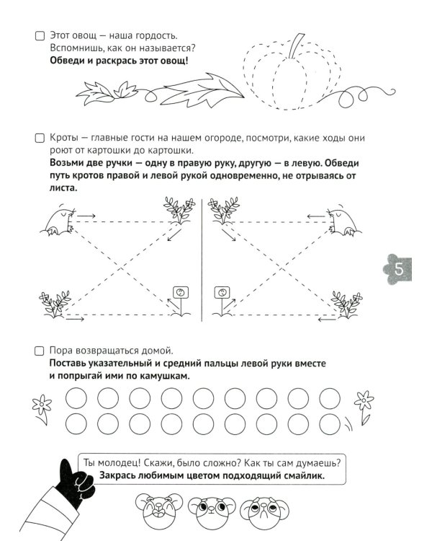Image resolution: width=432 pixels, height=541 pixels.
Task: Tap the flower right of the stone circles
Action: (363, 406)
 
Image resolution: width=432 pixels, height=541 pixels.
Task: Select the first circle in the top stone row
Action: (76, 397)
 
